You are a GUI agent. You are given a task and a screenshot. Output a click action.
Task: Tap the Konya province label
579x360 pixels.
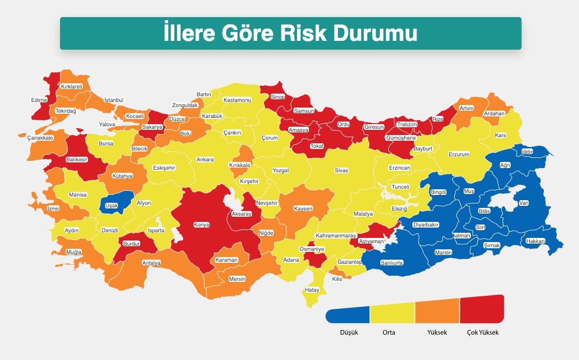click(x=201, y=225)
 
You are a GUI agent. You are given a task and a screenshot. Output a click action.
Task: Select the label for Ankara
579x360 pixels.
click(x=205, y=160)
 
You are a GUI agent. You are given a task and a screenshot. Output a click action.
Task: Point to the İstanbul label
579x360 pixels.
click(x=114, y=99)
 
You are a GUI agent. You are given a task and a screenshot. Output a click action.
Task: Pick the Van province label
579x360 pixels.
click(x=524, y=203)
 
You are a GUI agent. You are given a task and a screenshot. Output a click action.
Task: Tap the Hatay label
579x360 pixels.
click(x=312, y=290)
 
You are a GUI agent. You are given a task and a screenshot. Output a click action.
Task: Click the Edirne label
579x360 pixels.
click(x=39, y=100)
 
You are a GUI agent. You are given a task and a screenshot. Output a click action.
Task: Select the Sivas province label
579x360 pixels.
click(x=342, y=170)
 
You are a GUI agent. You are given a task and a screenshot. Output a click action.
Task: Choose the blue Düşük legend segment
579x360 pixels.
click(x=348, y=314)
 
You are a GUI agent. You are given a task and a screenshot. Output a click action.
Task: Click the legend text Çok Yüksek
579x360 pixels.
click(x=479, y=333)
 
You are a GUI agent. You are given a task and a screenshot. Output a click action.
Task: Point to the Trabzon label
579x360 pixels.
click(x=406, y=125)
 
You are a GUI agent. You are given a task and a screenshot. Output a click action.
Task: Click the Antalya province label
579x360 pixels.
click(x=152, y=263)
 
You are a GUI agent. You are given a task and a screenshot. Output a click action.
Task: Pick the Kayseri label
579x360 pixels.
click(x=303, y=208)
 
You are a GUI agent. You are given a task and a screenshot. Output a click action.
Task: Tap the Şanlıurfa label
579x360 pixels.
click(x=392, y=263)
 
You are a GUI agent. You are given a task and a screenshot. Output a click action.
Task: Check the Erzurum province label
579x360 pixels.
click(x=458, y=154)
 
